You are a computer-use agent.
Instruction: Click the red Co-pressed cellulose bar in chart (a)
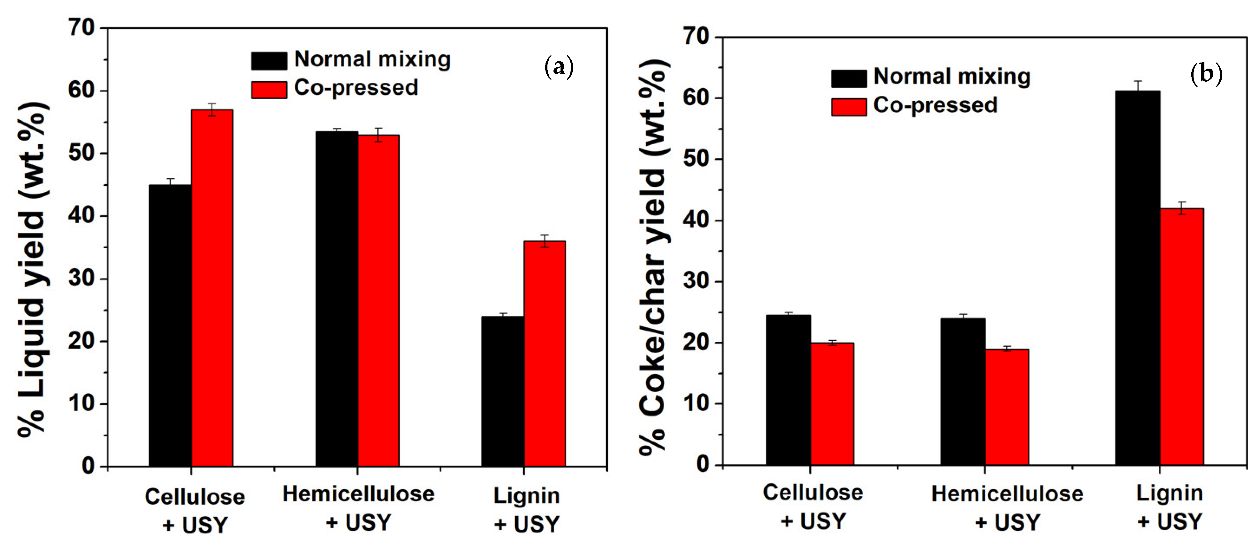[212, 288]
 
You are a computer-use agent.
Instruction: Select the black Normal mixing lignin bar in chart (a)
[502, 391]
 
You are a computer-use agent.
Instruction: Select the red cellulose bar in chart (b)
[832, 403]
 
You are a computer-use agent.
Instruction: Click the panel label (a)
[559, 67]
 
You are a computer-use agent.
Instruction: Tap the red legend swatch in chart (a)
[269, 90]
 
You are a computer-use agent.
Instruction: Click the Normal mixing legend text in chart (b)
[951, 76]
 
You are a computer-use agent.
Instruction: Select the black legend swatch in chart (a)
[269, 61]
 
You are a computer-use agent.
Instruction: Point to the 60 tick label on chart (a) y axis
[81, 91]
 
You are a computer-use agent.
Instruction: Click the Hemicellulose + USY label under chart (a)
[358, 508]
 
